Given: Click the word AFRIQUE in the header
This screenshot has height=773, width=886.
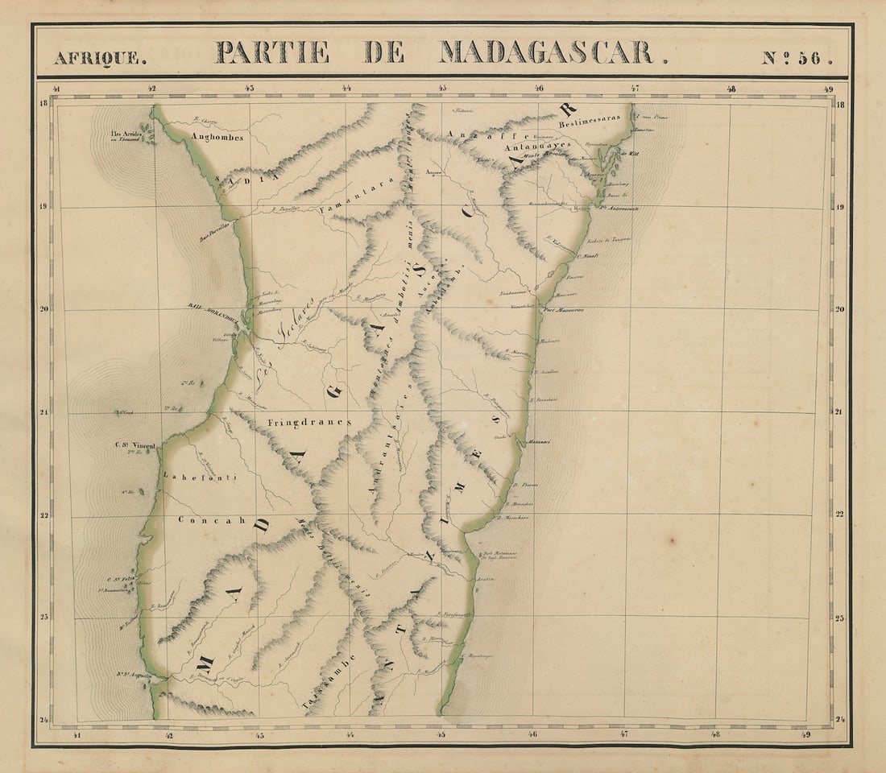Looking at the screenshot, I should [101, 58].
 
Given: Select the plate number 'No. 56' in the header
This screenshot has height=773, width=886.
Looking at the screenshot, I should [796, 58].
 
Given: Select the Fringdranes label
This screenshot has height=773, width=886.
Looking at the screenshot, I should [310, 421].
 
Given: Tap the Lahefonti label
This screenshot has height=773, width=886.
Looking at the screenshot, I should [200, 477].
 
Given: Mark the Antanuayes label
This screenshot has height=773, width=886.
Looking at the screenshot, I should [536, 147].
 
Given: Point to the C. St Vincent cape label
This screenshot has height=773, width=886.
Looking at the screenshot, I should [134, 444].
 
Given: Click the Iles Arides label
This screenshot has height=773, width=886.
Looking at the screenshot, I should [126, 135].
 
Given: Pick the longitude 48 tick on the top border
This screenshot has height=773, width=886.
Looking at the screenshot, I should [731, 89].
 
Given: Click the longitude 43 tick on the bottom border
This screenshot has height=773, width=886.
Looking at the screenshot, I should [259, 734].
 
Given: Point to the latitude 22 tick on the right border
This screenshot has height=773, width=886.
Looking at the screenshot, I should [840, 515].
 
